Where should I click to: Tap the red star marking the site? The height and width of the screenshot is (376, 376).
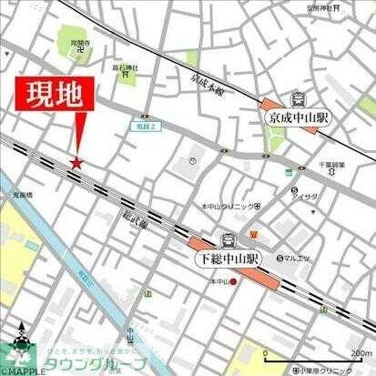[x=76, y=163]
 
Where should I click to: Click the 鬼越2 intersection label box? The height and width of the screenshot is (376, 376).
[x=147, y=127]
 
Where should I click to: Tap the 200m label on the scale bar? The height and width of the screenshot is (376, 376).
[x=361, y=353]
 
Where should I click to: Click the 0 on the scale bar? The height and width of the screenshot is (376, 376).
[x=265, y=353]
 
